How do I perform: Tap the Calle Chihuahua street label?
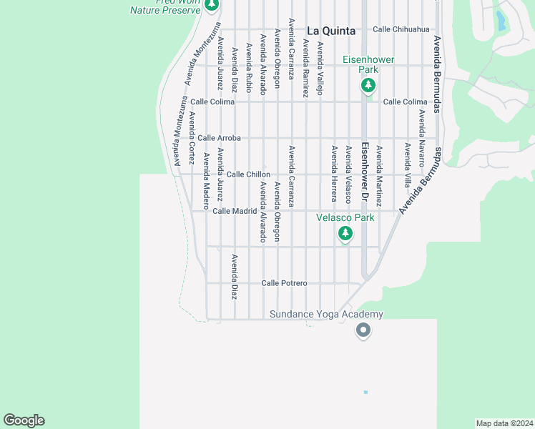tap(401, 29)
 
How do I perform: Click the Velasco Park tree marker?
tap(345, 234)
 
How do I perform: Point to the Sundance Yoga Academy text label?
tap(326, 315)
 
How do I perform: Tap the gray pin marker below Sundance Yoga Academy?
tap(363, 330)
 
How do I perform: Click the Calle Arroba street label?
tap(219, 137)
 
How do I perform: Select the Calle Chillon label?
tap(248, 174)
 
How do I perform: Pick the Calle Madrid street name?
tap(235, 211)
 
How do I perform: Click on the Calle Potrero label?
tap(284, 283)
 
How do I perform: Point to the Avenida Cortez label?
tap(192, 139)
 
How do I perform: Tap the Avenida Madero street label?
tap(206, 182)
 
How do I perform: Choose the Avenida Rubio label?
tap(249, 67)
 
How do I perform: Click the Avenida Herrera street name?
tap(334, 174)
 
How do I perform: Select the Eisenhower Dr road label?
tap(364, 172)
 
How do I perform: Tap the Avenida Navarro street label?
tap(422, 136)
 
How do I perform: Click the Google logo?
tap(24, 420)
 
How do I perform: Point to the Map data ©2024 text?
tap(504, 423)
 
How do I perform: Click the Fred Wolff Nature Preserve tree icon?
tap(211, 5)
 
